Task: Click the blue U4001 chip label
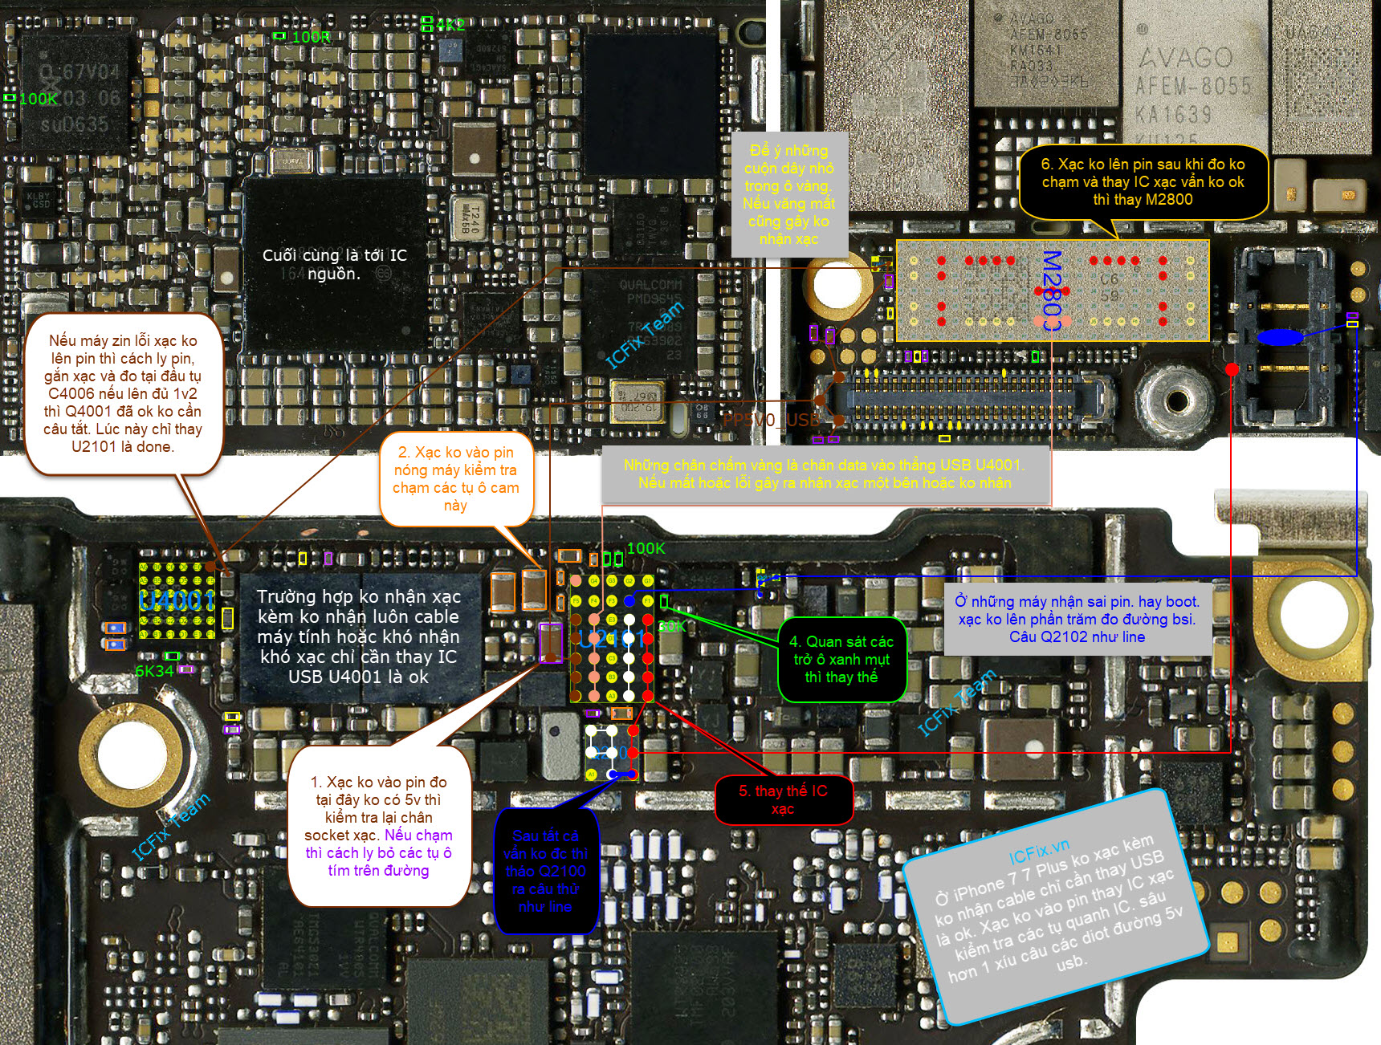(177, 600)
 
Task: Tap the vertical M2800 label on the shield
(1051, 291)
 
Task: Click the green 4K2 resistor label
(450, 25)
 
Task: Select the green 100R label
(310, 37)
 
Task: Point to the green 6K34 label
(154, 671)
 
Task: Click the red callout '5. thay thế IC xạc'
(783, 799)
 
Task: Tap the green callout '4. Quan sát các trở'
(841, 659)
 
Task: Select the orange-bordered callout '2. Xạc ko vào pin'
(455, 478)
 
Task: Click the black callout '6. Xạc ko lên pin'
(1143, 182)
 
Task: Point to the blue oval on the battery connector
(1279, 338)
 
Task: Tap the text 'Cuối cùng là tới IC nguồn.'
(335, 264)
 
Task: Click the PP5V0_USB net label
(771, 420)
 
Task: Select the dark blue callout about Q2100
(545, 871)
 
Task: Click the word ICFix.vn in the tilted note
(1039, 851)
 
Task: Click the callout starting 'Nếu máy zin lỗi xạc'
(123, 393)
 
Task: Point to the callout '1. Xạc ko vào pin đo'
(378, 826)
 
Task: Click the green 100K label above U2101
(646, 548)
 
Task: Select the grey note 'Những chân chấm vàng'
(824, 474)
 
